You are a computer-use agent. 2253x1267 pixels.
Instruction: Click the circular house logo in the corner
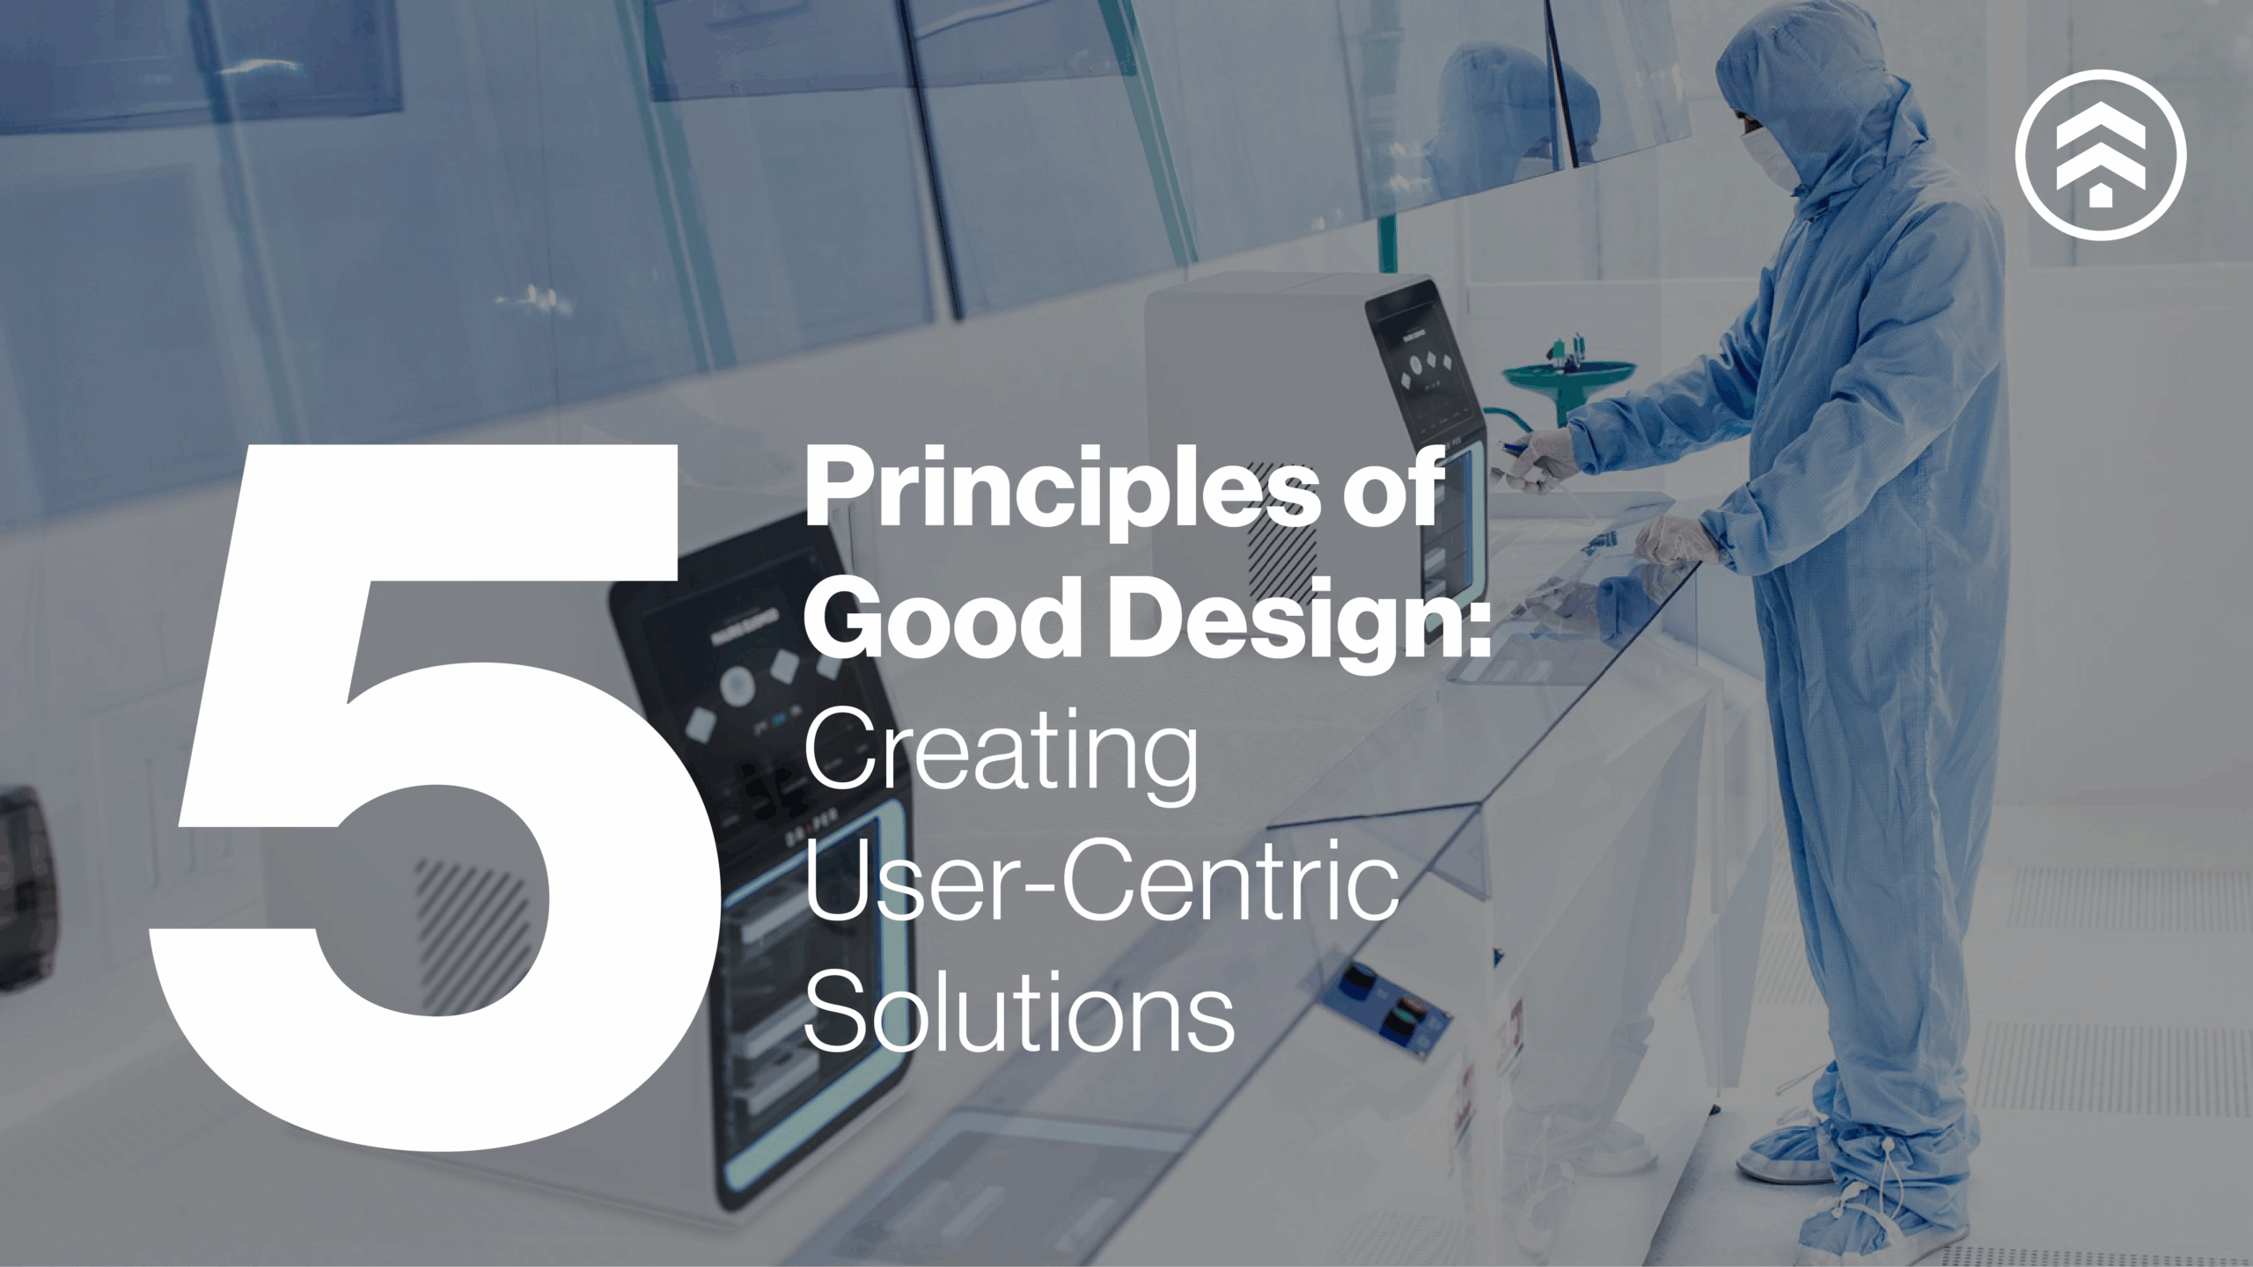click(2100, 155)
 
